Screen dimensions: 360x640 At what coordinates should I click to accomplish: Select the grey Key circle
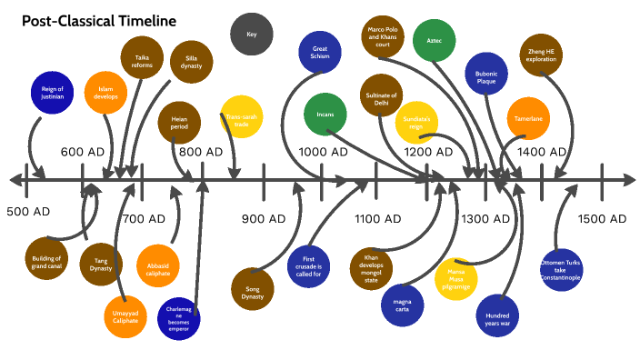point(253,35)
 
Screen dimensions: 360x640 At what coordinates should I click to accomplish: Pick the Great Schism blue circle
point(320,52)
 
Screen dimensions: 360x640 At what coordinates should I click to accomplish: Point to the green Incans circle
point(325,115)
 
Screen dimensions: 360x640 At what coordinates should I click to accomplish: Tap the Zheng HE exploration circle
point(542,56)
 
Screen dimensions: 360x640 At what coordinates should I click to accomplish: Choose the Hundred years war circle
point(492,308)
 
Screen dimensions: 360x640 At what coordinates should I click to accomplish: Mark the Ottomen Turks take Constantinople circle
point(560,270)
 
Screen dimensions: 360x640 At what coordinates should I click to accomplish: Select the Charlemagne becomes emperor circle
point(178,319)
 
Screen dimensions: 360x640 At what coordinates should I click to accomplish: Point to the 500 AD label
point(28,212)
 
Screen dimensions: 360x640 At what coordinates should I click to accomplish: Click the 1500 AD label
point(602,218)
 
